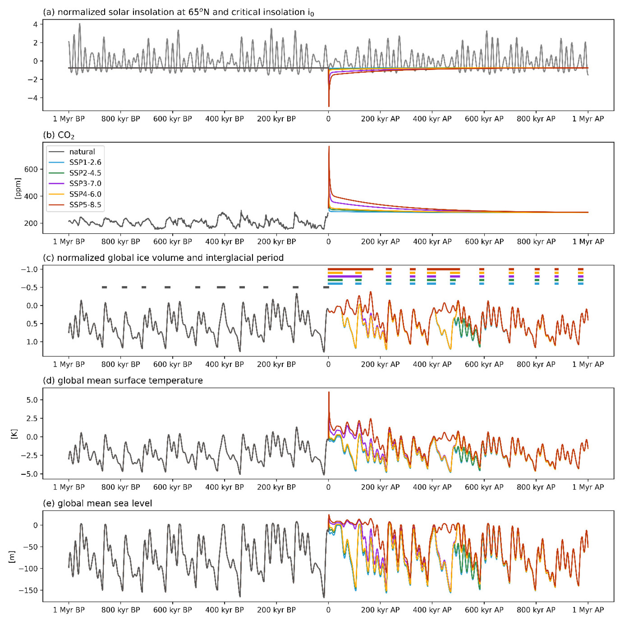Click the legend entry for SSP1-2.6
[85, 162]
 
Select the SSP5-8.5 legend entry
[85, 205]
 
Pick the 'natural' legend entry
[82, 151]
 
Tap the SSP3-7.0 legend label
[85, 183]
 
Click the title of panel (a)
[178, 12]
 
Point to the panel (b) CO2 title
[59, 135]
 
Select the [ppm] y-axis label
[18, 188]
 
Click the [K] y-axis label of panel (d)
[14, 434]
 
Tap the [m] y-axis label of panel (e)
[12, 557]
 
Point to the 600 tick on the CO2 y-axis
[31, 169]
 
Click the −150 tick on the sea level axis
[28, 590]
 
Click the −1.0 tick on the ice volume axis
[29, 269]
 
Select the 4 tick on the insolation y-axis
[35, 24]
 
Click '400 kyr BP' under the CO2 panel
[224, 241]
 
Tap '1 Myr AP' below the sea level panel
[588, 610]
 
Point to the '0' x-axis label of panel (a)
[328, 119]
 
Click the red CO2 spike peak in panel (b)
[329, 147]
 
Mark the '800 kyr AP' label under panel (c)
[536, 364]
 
